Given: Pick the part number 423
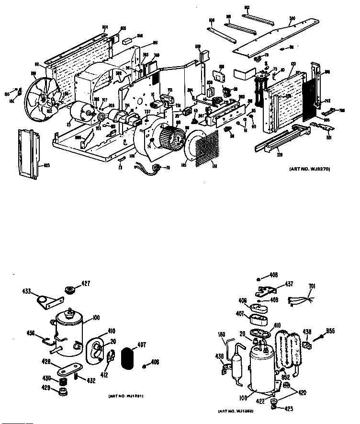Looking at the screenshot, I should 289,409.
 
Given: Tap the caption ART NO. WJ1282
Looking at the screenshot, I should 236,411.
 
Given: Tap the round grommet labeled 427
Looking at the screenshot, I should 71,290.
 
